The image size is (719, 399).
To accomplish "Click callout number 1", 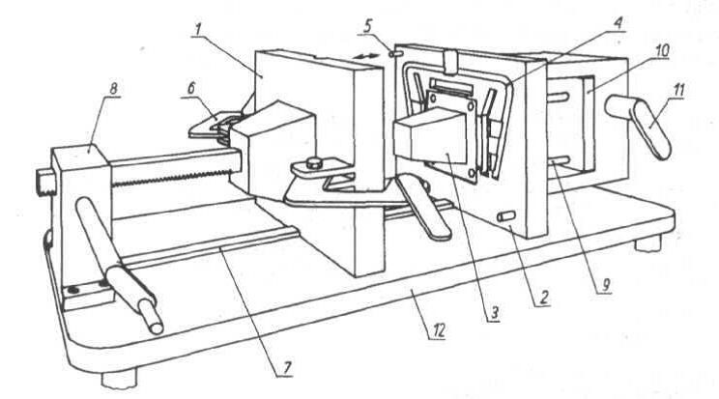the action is coord(198,29).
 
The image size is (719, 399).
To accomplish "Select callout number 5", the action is coord(368,26).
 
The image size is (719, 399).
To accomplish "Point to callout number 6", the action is coord(191,88).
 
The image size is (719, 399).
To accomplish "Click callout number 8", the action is coord(113,89).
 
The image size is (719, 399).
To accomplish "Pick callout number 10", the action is coord(662,51).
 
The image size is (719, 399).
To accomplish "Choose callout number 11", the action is coord(677,91).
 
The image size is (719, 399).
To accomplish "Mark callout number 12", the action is coord(439,330).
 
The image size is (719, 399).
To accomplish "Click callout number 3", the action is coord(494,313).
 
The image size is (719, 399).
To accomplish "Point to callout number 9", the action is coord(605,285).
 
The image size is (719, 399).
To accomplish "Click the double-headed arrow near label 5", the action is coord(368,56).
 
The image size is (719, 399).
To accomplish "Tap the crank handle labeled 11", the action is coord(640,123).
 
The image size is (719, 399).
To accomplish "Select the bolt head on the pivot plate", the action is coord(314,162).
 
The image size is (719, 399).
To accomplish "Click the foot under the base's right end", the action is coord(648,243).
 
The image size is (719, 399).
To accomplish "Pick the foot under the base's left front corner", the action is coord(119,379).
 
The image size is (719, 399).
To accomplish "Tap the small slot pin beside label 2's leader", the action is coord(506,216).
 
